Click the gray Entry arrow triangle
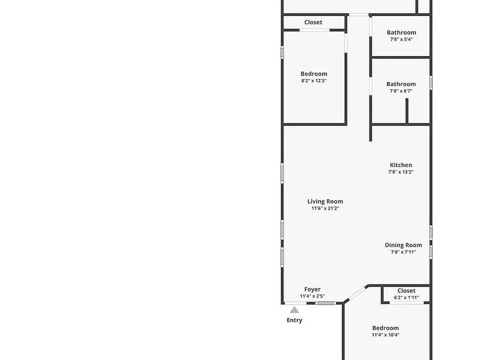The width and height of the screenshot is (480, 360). (294, 310)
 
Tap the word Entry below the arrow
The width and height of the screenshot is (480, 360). (294, 320)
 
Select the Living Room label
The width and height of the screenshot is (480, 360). (325, 202)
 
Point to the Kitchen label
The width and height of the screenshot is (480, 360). (401, 165)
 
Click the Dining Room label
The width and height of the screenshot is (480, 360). (404, 245)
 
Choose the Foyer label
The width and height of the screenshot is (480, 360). (313, 289)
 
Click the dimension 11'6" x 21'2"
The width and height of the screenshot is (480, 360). (325, 209)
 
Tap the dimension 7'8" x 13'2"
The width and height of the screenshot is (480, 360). (401, 172)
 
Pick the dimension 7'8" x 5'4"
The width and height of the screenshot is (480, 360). (401, 39)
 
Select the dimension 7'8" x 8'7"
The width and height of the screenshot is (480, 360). (401, 91)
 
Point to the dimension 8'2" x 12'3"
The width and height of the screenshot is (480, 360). (314, 81)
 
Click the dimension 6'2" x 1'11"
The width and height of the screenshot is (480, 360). (406, 298)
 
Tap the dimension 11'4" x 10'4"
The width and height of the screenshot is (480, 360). (386, 335)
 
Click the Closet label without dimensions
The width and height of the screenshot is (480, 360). (313, 22)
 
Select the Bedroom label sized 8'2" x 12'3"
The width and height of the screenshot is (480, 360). (314, 74)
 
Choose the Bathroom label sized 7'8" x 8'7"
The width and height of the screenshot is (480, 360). (401, 84)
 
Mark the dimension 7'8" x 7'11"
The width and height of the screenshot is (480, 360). (404, 252)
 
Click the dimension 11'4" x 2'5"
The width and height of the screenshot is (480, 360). (313, 297)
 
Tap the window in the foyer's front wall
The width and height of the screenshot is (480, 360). (325, 303)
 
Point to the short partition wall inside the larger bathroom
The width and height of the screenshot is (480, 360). (407, 111)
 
